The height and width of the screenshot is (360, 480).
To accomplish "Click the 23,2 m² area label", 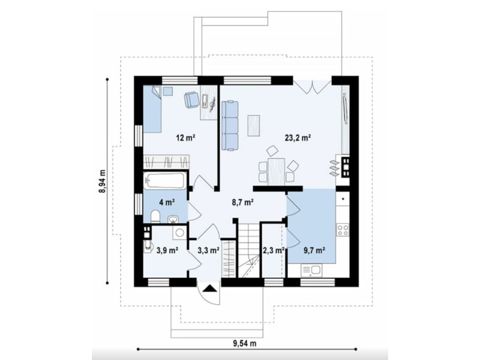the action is [x=298, y=138].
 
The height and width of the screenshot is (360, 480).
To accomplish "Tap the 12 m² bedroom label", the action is [x=185, y=138].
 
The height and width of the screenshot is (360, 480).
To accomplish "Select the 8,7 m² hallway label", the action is [x=242, y=202].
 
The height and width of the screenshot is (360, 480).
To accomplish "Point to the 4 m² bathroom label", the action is [x=167, y=202].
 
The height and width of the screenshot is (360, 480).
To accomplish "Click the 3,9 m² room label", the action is [x=167, y=250].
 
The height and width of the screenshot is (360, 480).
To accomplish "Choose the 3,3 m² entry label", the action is [x=208, y=250].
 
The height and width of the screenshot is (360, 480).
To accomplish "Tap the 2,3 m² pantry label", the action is [x=274, y=250].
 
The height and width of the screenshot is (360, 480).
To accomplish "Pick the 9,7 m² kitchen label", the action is [x=314, y=250].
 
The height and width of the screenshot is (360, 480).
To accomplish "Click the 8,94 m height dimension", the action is [x=103, y=181].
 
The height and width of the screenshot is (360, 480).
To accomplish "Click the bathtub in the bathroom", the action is [x=165, y=181].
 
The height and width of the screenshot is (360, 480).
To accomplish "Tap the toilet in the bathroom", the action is [x=155, y=217].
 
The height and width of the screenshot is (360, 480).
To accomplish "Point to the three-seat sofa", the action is [x=230, y=126].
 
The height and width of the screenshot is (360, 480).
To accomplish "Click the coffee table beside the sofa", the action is [x=254, y=125].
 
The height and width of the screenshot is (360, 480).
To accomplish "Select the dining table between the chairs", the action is [x=277, y=172].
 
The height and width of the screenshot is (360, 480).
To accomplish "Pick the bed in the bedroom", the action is [x=152, y=109].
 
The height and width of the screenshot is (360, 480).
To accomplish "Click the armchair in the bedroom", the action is [x=191, y=99].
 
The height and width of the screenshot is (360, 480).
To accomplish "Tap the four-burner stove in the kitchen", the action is [x=343, y=230].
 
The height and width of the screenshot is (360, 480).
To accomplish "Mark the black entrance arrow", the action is [x=209, y=289].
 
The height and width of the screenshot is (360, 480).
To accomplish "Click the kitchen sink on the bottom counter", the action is [x=311, y=271].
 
